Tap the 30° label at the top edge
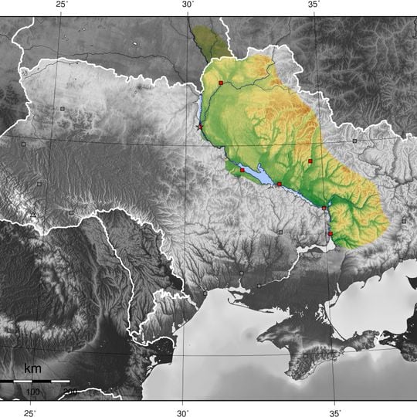coord(188,5)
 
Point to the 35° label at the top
coord(314,5)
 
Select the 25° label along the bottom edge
coord(29,412)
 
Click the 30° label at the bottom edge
coord(182,412)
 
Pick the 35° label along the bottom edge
coord(335,412)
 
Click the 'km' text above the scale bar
coord(32,369)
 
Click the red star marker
coord(200,127)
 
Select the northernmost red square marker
coord(220,82)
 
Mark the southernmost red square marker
coord(330,234)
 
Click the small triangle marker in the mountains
coord(34,214)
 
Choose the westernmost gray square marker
coord(24,144)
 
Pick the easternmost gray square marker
coord(403,221)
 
